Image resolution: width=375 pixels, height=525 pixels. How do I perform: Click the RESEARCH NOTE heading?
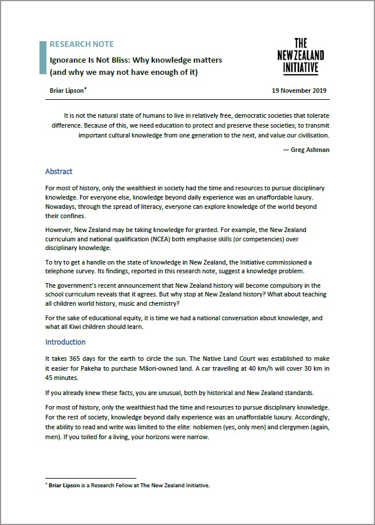82,44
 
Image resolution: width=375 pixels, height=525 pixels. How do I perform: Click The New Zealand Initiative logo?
301,56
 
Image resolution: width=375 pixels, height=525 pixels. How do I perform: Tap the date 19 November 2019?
299,90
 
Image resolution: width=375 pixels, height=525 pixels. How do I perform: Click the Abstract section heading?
59,172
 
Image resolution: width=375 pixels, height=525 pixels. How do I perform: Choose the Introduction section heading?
66,342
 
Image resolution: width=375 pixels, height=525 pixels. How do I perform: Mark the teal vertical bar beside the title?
42,57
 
